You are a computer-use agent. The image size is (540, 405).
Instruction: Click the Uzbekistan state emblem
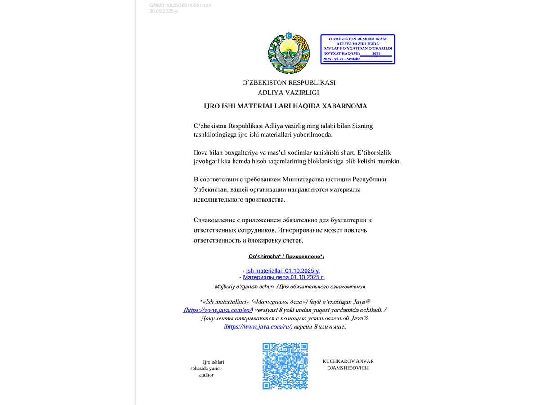click(288, 53)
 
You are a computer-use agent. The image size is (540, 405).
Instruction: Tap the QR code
click(285, 366)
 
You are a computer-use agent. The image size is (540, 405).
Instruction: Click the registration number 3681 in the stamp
click(376, 54)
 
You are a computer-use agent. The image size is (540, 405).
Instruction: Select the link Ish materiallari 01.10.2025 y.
click(283, 271)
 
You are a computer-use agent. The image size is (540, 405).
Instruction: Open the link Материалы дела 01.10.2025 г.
click(283, 277)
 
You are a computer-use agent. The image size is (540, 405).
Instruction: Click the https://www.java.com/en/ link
click(218, 310)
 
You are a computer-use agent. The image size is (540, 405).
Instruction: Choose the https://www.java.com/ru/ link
click(258, 327)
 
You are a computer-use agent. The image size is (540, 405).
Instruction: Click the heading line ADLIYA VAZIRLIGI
click(288, 93)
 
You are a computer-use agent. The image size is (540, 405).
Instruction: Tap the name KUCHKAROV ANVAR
click(348, 361)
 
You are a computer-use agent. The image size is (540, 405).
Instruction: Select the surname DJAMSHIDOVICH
click(348, 368)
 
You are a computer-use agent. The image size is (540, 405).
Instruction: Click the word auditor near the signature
click(206, 375)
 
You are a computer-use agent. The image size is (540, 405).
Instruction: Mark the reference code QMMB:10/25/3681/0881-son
click(180, 5)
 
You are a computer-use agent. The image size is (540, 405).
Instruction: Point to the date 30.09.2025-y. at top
click(164, 11)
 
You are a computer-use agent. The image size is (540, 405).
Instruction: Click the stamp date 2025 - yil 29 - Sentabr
click(342, 59)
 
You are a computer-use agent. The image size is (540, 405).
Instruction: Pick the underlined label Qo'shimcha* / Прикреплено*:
click(286, 256)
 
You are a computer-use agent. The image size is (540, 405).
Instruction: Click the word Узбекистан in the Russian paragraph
click(211, 189)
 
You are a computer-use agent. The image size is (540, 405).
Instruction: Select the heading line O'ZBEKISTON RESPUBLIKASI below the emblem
click(288, 83)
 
